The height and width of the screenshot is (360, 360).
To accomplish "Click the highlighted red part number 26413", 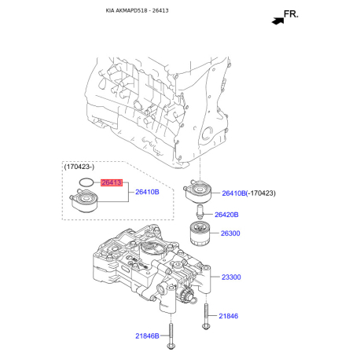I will click(112, 182).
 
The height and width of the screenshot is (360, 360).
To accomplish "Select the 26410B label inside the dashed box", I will click(147, 192).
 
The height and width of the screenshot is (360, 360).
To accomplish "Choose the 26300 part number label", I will click(230, 233).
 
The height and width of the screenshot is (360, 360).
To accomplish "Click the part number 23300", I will click(230, 277).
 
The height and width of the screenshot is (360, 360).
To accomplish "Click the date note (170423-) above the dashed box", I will click(79, 167).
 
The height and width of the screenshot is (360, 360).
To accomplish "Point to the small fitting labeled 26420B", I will click(199, 213).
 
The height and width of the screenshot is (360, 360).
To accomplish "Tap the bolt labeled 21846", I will click(206, 314).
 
